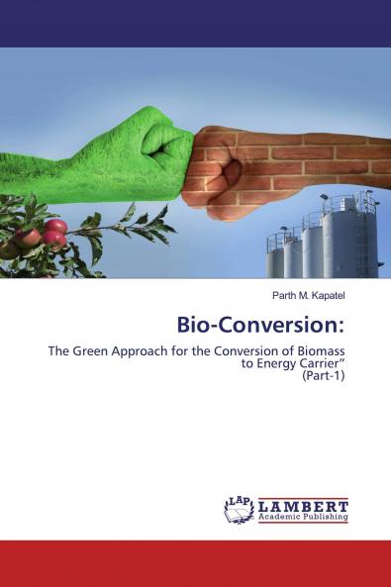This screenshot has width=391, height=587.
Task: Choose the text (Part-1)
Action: point(323,377)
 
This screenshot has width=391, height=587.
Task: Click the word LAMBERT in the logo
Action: point(303,504)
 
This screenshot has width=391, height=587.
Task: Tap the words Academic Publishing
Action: point(303,516)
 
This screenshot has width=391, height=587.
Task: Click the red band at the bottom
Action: point(195,563)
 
